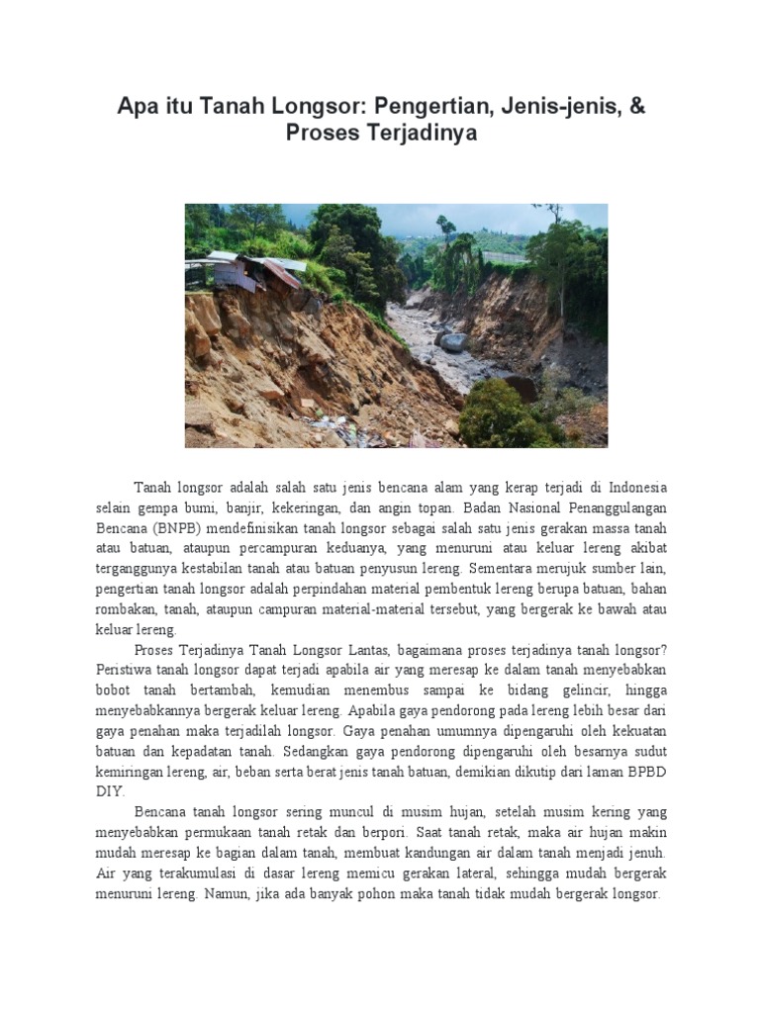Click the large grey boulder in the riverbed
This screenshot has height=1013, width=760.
[453, 342]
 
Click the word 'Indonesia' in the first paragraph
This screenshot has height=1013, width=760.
[637, 489]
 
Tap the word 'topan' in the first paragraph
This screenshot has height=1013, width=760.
[431, 507]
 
